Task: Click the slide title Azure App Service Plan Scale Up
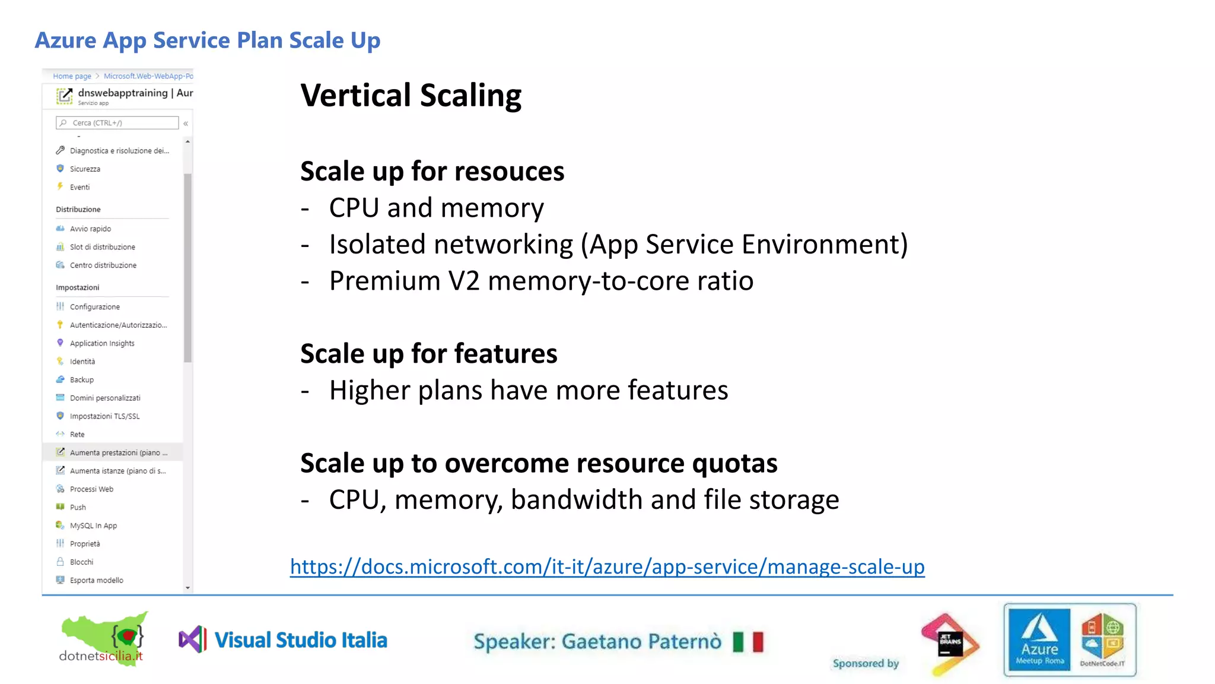coord(208,40)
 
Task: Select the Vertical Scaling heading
coord(411,96)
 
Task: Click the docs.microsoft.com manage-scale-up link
coord(607,566)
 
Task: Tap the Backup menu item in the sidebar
coord(81,380)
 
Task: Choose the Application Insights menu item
coord(101,343)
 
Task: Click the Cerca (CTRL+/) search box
coord(117,123)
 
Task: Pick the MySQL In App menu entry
coord(93,525)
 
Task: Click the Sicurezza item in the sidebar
coord(85,169)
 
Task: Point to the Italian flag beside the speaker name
coord(748,642)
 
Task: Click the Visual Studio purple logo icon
coord(193,639)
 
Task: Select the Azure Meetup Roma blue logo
coord(1039,639)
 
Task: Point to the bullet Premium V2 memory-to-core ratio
coord(541,281)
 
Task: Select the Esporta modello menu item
coord(96,580)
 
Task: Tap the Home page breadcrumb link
coord(72,76)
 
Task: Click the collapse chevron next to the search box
coord(186,123)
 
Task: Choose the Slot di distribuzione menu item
coord(102,247)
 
